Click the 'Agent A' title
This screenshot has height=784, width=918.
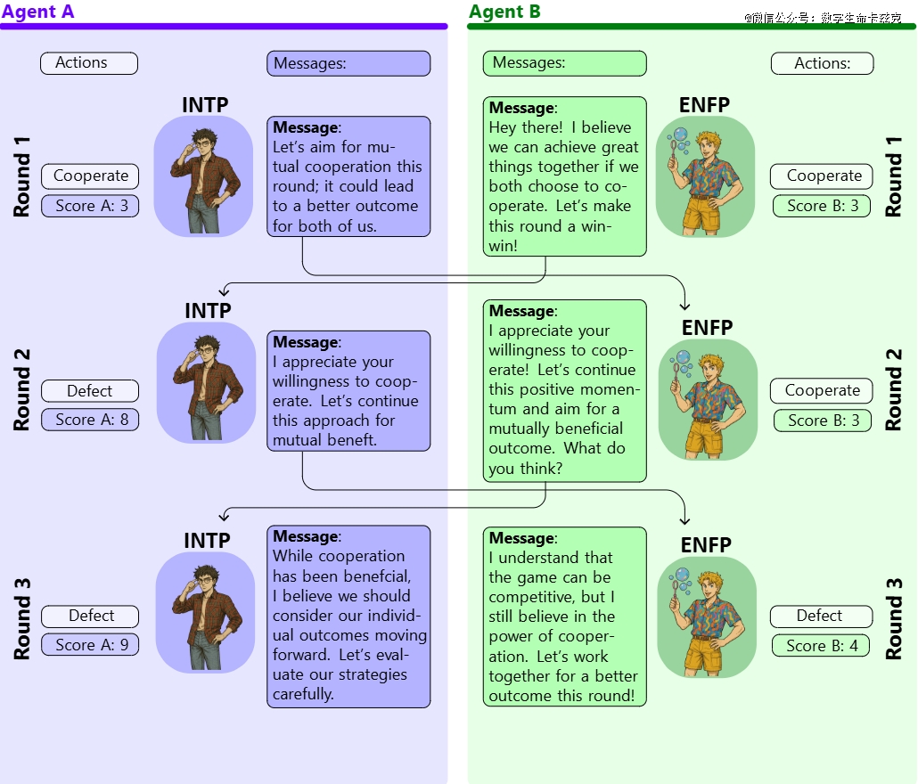click(x=38, y=12)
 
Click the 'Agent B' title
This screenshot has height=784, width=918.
click(x=504, y=12)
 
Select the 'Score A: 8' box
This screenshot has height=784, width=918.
click(x=90, y=420)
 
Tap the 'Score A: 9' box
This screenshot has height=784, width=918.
click(x=90, y=644)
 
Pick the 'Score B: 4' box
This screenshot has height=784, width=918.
click(x=821, y=645)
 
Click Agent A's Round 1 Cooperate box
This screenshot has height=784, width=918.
click(x=90, y=176)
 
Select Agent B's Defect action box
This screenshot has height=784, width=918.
click(x=821, y=616)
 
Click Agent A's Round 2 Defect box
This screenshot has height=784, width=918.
click(x=90, y=390)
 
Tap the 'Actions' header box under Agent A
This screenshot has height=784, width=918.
click(x=89, y=63)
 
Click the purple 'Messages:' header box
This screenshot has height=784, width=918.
click(x=348, y=63)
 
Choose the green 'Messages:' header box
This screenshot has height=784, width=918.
click(x=564, y=63)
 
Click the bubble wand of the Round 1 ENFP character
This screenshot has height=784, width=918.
click(x=676, y=144)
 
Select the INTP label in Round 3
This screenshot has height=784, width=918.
click(x=208, y=541)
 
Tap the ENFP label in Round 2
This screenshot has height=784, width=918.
click(x=708, y=328)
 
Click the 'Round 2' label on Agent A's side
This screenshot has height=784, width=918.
click(x=21, y=389)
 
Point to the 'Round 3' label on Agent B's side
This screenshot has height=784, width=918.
click(x=893, y=619)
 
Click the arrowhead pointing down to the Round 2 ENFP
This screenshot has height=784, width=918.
click(x=684, y=306)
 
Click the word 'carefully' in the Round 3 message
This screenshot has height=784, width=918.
click(x=303, y=694)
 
